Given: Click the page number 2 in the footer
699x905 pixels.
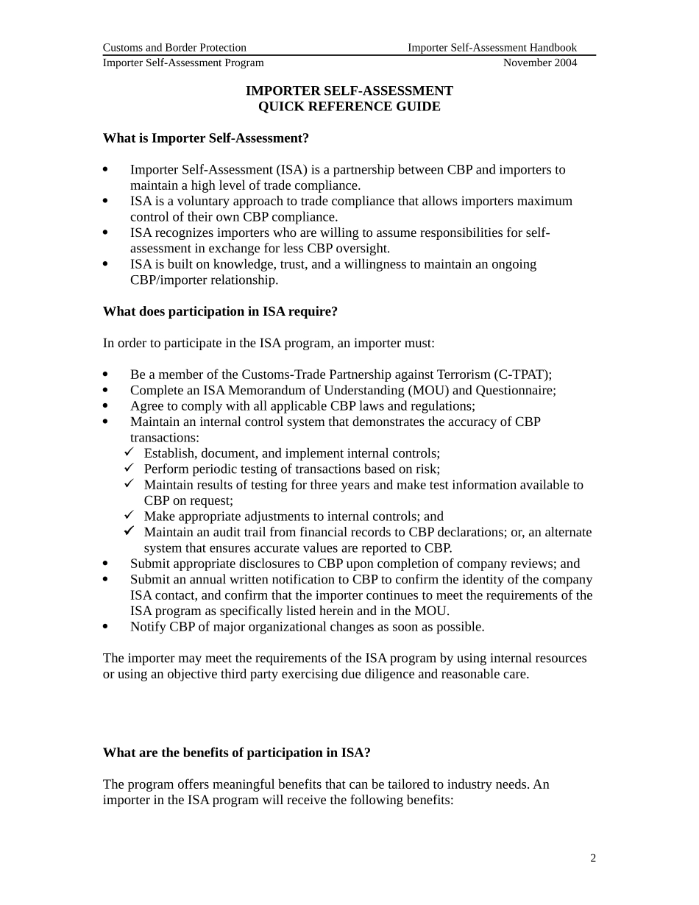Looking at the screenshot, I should [x=593, y=858].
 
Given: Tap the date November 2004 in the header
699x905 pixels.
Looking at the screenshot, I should [x=540, y=63].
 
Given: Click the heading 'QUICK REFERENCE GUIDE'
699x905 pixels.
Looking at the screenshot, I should [x=349, y=107].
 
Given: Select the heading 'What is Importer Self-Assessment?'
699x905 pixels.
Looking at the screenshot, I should [x=206, y=138].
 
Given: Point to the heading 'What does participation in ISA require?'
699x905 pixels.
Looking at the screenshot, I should [x=220, y=311].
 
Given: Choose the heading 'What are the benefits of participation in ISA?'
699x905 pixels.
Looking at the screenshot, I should [x=236, y=753].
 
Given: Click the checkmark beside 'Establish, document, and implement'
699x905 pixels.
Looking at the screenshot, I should [x=129, y=452].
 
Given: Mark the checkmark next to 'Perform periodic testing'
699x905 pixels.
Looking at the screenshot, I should [x=129, y=468].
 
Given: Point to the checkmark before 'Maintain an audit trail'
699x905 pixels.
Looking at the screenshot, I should [x=129, y=530].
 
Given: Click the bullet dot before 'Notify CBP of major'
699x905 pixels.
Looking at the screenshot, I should [x=105, y=627].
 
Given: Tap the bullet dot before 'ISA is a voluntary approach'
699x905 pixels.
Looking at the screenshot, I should [x=105, y=201].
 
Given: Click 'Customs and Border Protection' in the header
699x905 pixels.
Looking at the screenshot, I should [x=174, y=48].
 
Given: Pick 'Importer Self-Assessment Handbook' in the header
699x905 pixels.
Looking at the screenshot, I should [x=492, y=48].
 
